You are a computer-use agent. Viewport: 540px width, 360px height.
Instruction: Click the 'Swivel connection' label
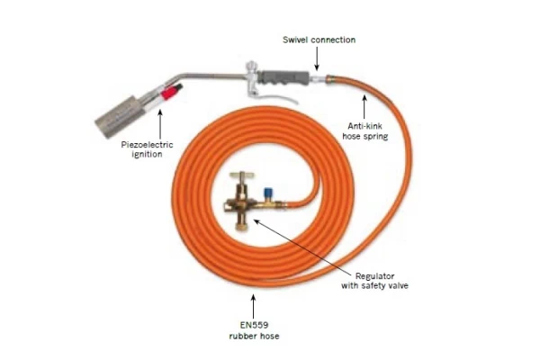pos(319,40)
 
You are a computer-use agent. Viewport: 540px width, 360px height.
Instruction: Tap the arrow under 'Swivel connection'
pos(317,58)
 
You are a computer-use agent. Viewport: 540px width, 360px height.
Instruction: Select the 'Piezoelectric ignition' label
pos(147,149)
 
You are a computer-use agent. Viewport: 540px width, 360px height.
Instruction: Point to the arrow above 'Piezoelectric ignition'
pos(160,124)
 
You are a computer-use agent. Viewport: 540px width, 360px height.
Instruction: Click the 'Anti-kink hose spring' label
pos(365,130)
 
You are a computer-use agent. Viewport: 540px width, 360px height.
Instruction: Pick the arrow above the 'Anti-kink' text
pos(364,107)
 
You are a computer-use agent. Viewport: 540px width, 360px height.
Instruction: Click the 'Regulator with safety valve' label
pos(374,281)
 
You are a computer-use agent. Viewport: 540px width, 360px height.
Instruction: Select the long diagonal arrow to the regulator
pos(304,247)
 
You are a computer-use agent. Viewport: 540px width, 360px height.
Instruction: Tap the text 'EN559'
pos(254,325)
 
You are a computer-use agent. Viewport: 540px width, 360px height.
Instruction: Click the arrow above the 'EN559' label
pos(254,306)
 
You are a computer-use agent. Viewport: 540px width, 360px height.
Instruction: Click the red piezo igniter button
pos(171,91)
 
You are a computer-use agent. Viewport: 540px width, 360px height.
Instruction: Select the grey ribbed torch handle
pos(283,77)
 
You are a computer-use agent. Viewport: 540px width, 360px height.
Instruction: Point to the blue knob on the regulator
pos(267,193)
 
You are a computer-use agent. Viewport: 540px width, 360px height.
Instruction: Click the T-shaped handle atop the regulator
pos(242,175)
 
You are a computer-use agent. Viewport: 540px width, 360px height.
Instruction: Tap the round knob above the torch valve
pos(251,66)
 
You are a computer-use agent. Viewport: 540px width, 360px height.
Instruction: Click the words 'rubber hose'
pos(254,336)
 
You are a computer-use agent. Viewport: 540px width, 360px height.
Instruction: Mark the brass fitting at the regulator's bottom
pos(240,226)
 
